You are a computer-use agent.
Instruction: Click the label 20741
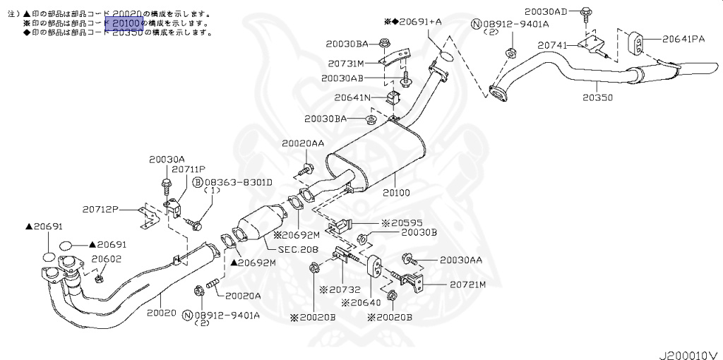click(x=552, y=44)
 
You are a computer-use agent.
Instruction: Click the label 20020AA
click(x=303, y=143)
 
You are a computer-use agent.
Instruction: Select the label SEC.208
click(x=299, y=249)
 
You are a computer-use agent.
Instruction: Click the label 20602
click(x=106, y=259)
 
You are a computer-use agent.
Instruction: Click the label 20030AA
click(x=461, y=260)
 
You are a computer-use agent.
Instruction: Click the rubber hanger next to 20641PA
click(x=636, y=42)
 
